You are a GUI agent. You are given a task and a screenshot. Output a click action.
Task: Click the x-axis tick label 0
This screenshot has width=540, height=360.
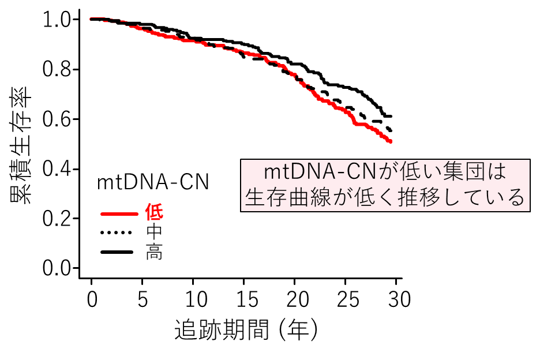pyautogui.click(x=92, y=299)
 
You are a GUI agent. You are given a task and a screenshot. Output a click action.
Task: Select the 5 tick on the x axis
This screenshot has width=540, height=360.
pyautogui.click(x=142, y=299)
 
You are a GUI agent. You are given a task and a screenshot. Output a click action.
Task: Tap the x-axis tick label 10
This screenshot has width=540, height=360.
pyautogui.click(x=193, y=299)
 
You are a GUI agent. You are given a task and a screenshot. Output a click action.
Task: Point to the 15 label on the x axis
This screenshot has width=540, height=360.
pyautogui.click(x=244, y=299)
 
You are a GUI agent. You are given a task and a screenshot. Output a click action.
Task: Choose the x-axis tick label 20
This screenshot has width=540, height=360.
pyautogui.click(x=295, y=299)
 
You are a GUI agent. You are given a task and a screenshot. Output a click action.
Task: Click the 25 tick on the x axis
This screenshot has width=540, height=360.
pyautogui.click(x=345, y=299)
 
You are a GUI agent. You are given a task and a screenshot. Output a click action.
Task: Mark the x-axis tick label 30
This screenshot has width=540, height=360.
pyautogui.click(x=396, y=299)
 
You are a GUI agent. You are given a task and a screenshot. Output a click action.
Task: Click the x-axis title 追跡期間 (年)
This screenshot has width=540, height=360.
pyautogui.click(x=246, y=331)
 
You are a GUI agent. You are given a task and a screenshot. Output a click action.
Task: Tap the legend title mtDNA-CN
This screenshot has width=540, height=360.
pyautogui.click(x=152, y=182)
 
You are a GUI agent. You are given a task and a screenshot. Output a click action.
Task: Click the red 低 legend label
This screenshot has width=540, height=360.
pyautogui.click(x=154, y=212)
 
